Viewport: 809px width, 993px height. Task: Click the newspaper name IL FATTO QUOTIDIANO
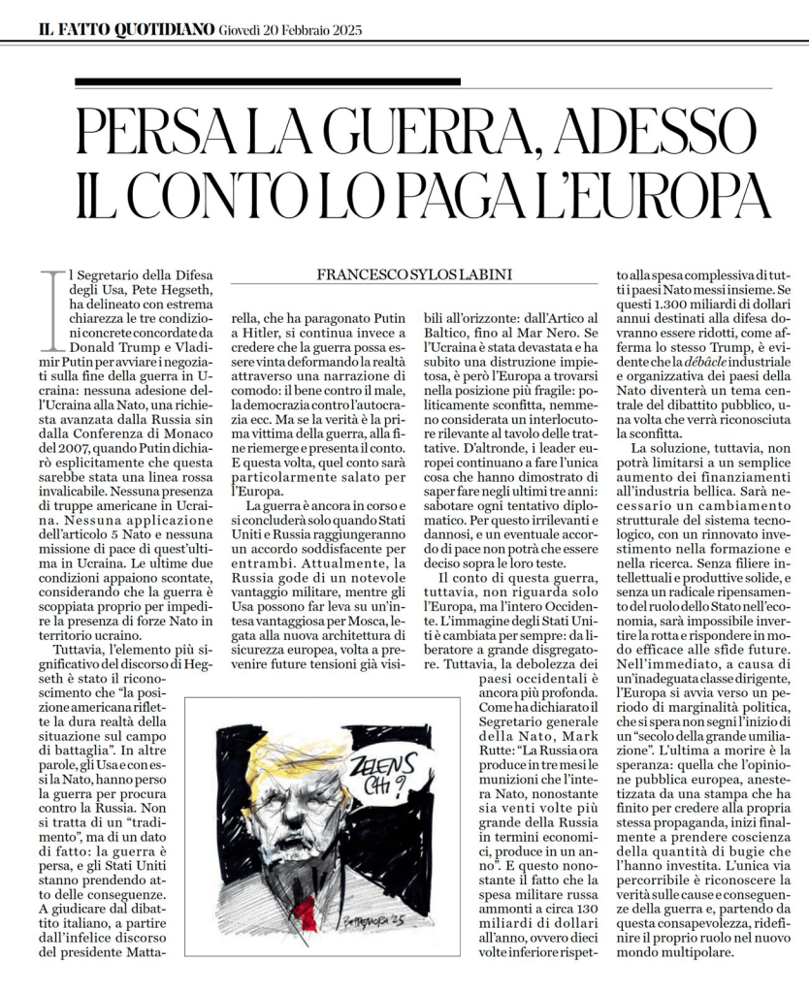[x=125, y=30]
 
